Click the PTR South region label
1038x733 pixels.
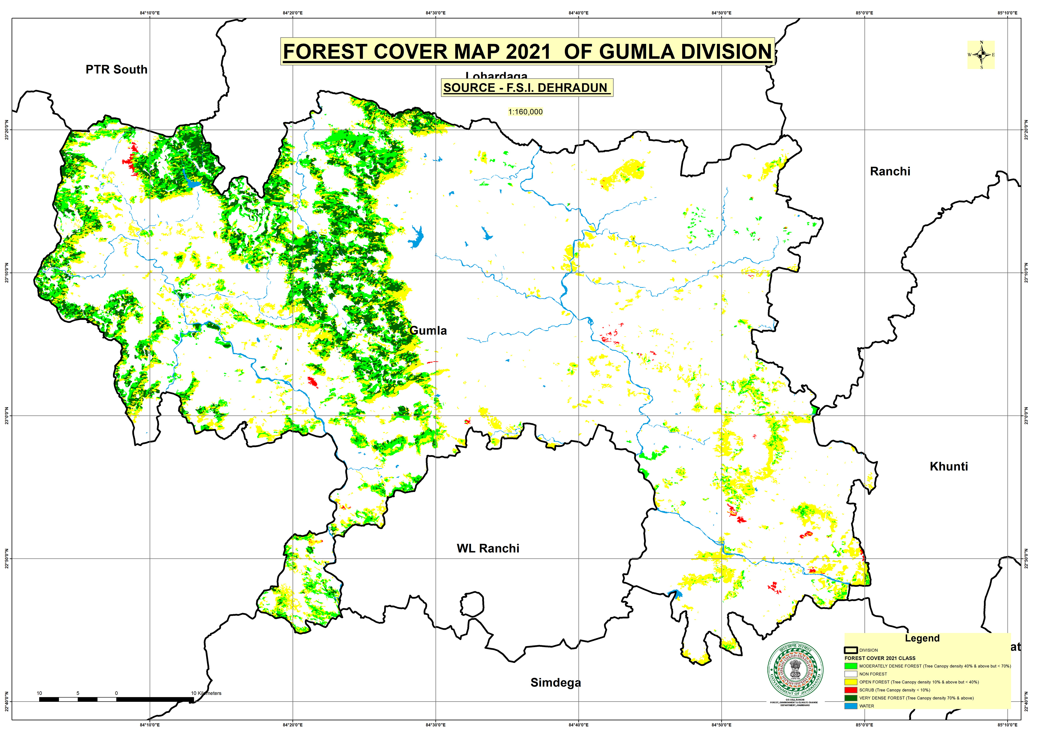(117, 70)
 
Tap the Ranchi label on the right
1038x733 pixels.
(890, 171)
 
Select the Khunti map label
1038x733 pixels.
(948, 466)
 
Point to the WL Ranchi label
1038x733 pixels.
(488, 548)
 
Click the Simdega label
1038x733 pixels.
(556, 682)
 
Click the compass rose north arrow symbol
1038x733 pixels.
(981, 55)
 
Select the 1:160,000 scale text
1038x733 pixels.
(525, 112)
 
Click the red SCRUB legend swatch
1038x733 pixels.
(850, 690)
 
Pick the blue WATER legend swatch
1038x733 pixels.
(850, 706)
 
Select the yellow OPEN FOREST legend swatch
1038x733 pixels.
(850, 682)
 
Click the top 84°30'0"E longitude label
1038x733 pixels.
(435, 13)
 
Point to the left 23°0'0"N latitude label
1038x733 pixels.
(6, 415)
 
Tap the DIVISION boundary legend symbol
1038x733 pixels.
(850, 650)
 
